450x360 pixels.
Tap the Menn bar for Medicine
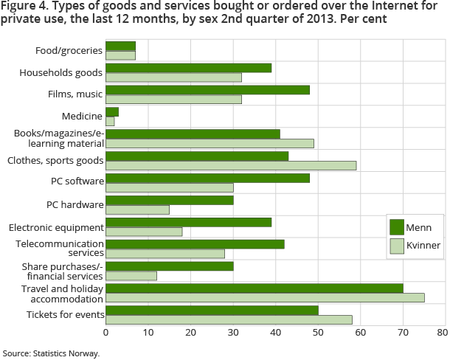(x=112, y=111)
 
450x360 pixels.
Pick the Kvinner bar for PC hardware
(x=137, y=210)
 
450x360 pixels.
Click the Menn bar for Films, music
(x=207, y=89)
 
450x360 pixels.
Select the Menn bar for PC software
(x=207, y=178)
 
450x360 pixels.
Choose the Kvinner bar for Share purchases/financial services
(x=131, y=275)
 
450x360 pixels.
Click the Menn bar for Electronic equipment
(x=189, y=222)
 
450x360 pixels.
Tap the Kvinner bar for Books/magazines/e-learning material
(x=210, y=143)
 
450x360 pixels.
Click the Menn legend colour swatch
(x=396, y=226)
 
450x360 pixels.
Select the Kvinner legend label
(x=423, y=246)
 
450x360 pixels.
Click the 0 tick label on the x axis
(x=106, y=333)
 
